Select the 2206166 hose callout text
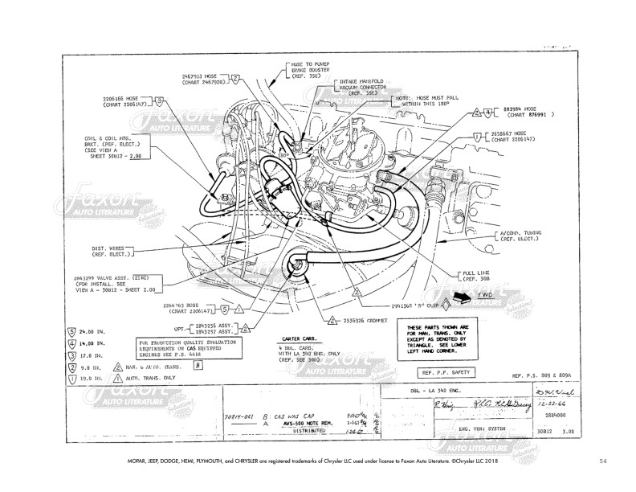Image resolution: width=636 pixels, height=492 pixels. (x=125, y=100)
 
